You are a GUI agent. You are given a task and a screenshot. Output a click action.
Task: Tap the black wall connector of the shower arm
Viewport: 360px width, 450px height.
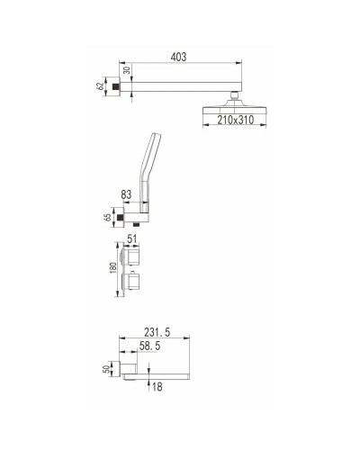click(x=118, y=85)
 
